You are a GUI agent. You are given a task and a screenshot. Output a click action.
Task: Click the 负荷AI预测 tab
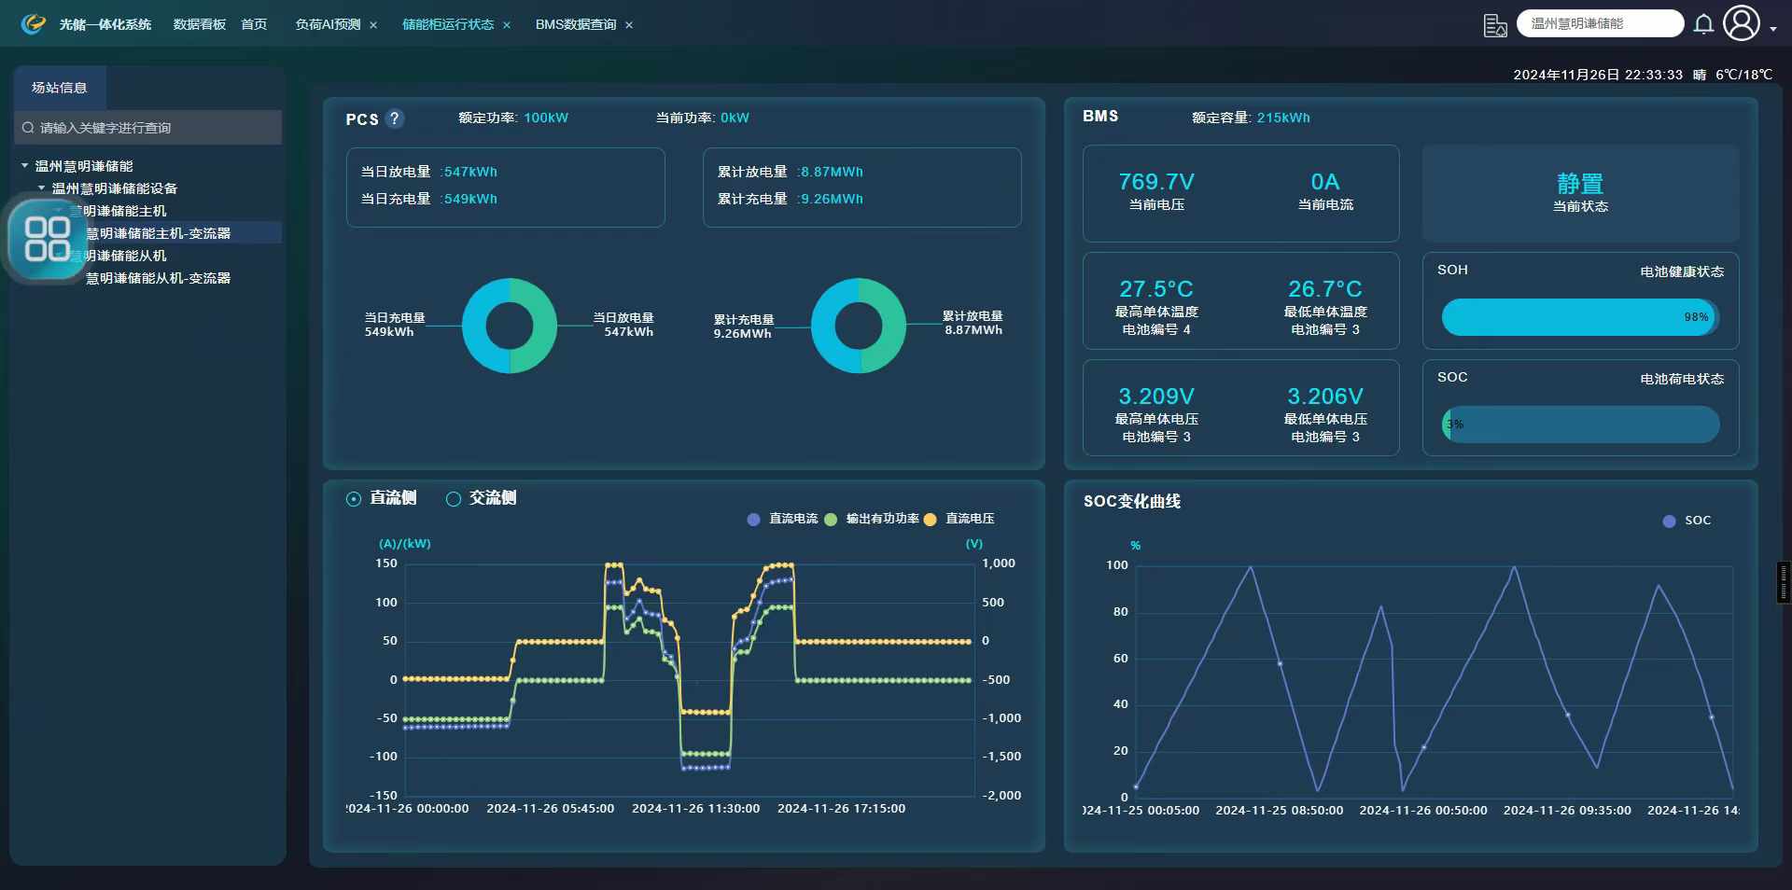click(x=328, y=24)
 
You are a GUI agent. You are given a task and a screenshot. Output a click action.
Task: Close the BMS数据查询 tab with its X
click(x=629, y=25)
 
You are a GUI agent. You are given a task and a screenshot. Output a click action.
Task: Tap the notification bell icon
click(x=1703, y=24)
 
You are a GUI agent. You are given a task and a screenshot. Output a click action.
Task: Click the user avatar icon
click(x=1741, y=23)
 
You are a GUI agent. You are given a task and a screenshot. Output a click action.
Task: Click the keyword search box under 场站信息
click(x=149, y=128)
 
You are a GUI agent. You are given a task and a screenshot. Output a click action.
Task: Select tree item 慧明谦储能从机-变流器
click(x=158, y=278)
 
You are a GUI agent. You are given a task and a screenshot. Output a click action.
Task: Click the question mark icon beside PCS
click(x=395, y=118)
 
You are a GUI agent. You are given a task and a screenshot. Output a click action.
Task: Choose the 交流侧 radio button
click(x=454, y=499)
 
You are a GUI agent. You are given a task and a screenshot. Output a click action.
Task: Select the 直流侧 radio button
click(x=354, y=499)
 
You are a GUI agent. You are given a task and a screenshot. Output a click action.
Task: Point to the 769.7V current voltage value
click(x=1155, y=182)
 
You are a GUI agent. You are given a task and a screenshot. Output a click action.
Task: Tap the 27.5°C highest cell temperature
click(x=1155, y=289)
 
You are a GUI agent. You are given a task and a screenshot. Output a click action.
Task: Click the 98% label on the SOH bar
click(x=1696, y=317)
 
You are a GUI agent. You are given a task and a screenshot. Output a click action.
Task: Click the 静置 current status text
click(x=1579, y=184)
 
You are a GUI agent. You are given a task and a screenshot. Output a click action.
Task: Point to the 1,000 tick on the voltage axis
click(x=998, y=563)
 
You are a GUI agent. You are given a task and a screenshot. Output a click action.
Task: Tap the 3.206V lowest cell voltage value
click(x=1324, y=396)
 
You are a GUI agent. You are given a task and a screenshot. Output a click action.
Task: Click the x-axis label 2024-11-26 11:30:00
click(x=695, y=809)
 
